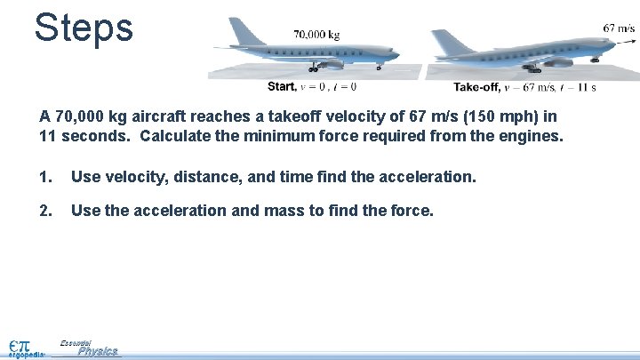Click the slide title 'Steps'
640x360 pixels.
[x=84, y=28]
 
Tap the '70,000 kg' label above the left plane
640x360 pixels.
[x=316, y=35]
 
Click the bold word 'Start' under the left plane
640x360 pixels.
[x=282, y=87]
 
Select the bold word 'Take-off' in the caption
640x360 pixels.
[x=476, y=87]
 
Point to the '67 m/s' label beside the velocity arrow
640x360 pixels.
[x=619, y=28]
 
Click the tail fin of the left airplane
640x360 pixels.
[x=244, y=31]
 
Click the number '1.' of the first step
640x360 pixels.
[x=45, y=177]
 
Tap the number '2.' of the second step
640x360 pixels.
[x=45, y=211]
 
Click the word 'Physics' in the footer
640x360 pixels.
[x=97, y=351]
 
